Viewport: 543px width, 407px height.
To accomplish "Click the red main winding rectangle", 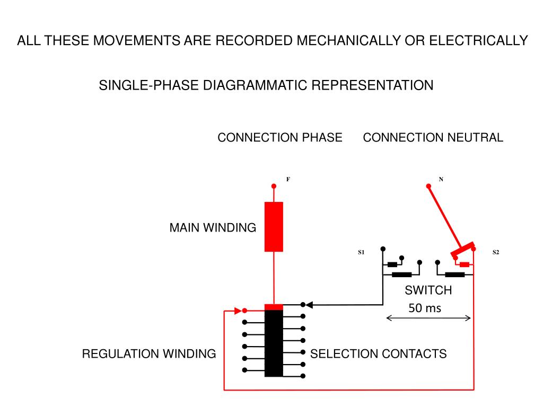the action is [274, 227].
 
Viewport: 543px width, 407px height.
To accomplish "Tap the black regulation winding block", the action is [274, 343].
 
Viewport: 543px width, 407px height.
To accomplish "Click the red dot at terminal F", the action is [274, 186].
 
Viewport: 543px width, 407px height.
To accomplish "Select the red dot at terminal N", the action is [428, 186].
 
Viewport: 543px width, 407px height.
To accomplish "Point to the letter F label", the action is [288, 179].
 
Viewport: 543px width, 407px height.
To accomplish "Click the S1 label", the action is [361, 252].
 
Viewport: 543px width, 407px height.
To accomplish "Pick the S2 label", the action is [496, 252].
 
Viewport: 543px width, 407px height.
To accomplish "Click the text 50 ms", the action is [425, 308].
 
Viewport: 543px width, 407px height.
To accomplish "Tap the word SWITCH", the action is [428, 290].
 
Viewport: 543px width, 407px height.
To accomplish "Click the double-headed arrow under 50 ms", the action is [428, 318].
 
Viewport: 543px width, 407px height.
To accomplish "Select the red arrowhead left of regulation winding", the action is [238, 311].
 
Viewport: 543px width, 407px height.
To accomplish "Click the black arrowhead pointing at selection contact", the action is [309, 305].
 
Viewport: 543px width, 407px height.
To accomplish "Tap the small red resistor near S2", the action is [465, 264].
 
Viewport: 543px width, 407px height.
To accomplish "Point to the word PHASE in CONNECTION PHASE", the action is [322, 137].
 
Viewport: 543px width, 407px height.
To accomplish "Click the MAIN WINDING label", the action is [213, 228].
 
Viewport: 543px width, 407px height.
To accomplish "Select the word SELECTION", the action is [344, 353].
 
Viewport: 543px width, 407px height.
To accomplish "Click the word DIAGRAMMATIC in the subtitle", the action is [255, 85].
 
